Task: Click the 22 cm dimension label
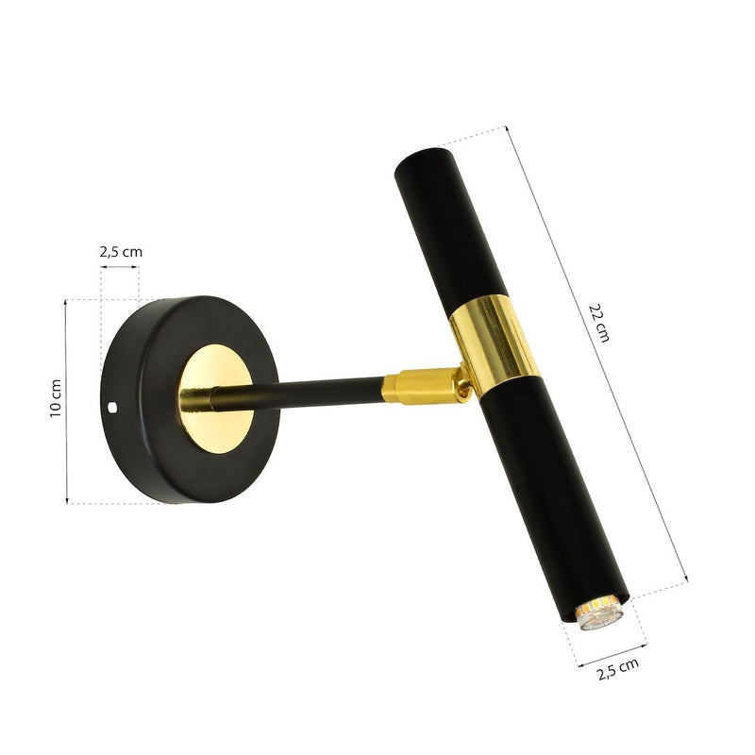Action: (x=601, y=322)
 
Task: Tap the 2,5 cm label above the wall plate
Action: (x=121, y=252)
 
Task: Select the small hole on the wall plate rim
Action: (x=114, y=408)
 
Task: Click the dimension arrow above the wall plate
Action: (x=120, y=267)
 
